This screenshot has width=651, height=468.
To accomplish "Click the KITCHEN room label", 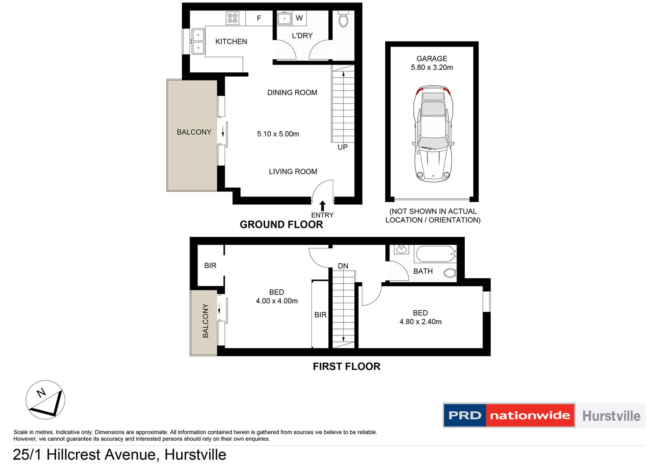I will pos(231,41).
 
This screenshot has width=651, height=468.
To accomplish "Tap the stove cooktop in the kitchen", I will pos(232,18).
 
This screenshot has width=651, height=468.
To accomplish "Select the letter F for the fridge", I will pos(259,18).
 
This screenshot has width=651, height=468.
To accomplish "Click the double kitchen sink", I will pos(198,41).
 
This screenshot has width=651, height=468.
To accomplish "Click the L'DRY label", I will pos(302,36).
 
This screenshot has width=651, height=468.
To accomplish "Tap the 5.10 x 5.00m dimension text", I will pos(278,134).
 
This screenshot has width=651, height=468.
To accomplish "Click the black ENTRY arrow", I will pos(323,206).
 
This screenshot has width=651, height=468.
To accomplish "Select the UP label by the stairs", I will pos(343,147).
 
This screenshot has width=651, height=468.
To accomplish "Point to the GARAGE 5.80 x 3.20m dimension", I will pos(432,67).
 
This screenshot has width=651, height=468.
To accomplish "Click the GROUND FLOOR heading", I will pos(281,225).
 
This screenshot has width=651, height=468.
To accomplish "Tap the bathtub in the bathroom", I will pos(435,254).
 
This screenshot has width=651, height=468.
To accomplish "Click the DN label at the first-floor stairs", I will pos(343,266).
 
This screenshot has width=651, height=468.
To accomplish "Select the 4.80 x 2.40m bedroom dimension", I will pos(420,322).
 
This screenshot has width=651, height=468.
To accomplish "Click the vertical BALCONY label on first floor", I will pos(205,321).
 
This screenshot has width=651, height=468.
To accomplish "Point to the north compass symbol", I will pos(45,400).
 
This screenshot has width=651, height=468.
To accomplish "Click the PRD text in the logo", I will pos(465,416).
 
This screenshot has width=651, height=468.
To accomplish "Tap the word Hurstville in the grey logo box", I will pos(611,416).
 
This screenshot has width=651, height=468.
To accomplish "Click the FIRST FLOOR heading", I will pos(346,366).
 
